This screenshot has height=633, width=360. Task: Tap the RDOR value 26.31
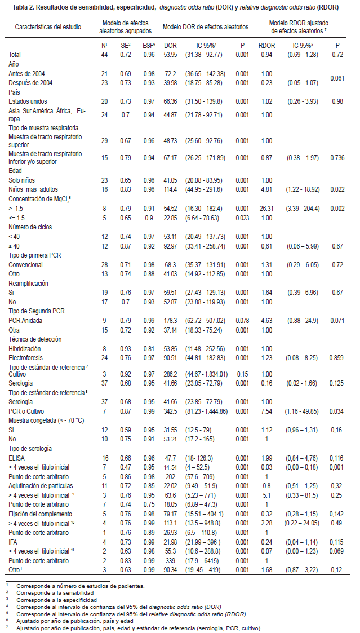click(x=266, y=208)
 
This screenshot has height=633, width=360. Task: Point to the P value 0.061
click(x=337, y=78)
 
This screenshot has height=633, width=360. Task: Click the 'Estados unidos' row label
click(x=28, y=101)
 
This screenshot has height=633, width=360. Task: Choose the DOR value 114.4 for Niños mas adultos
click(x=171, y=190)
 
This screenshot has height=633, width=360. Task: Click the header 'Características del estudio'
click(x=47, y=26)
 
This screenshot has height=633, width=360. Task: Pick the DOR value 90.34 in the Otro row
click(x=171, y=570)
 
